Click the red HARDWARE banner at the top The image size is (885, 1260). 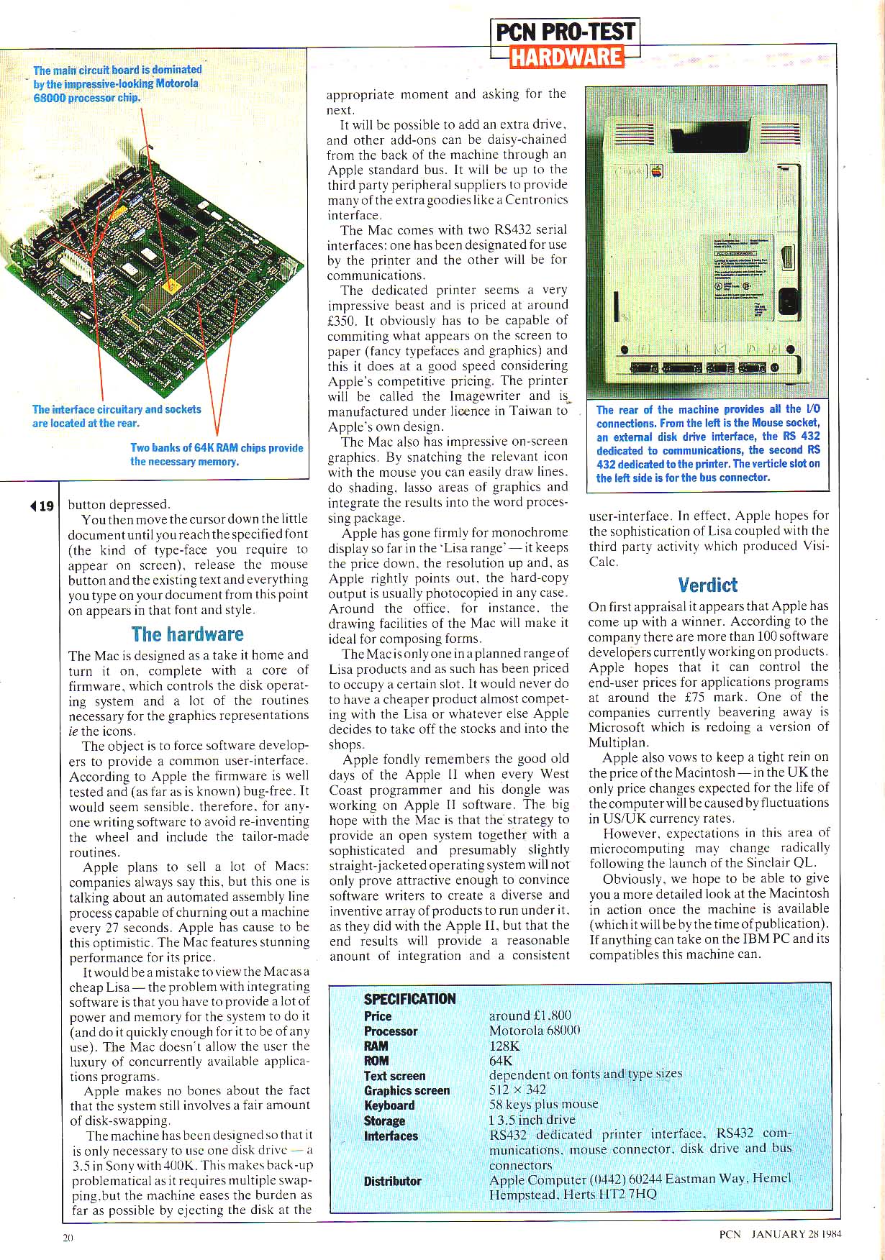click(566, 56)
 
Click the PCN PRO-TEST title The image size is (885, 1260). click(566, 32)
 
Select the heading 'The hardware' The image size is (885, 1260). click(187, 634)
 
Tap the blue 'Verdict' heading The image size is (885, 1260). click(708, 585)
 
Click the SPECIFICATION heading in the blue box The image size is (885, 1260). click(409, 999)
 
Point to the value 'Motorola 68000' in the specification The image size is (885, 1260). click(534, 1031)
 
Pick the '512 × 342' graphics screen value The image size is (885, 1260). click(517, 1090)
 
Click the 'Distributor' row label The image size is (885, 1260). click(392, 1181)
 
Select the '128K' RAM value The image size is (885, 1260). click(504, 1046)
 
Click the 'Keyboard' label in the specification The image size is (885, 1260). click(389, 1105)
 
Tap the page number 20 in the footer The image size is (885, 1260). click(68, 1238)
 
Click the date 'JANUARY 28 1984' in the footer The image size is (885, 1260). click(796, 1234)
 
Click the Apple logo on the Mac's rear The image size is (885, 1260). click(656, 171)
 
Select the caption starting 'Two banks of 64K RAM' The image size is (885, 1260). click(217, 455)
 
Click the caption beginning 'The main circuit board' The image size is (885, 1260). click(117, 83)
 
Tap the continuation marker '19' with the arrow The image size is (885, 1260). click(42, 506)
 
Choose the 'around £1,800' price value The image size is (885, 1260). click(530, 1015)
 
